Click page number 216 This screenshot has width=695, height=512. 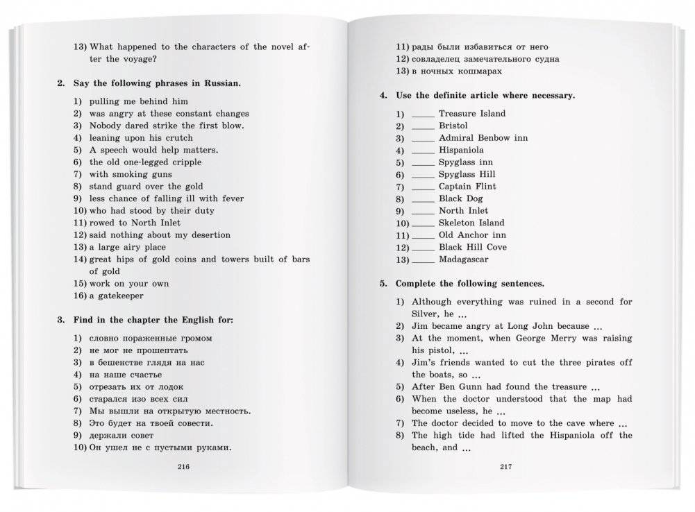tap(184, 466)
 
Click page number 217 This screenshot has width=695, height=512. tap(505, 466)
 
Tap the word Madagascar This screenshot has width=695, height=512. tap(463, 259)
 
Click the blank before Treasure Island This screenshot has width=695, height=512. tap(423, 114)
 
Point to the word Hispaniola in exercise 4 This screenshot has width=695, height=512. tap(461, 150)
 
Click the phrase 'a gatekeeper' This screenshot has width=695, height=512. tap(116, 296)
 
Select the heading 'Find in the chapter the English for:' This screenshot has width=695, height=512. tap(153, 320)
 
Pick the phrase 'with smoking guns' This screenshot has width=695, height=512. tap(132, 174)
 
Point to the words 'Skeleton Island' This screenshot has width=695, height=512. tap(471, 223)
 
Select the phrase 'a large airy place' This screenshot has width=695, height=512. tap(128, 247)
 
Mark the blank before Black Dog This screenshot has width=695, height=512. tap(423, 198)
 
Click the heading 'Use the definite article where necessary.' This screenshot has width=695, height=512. tap(485, 95)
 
